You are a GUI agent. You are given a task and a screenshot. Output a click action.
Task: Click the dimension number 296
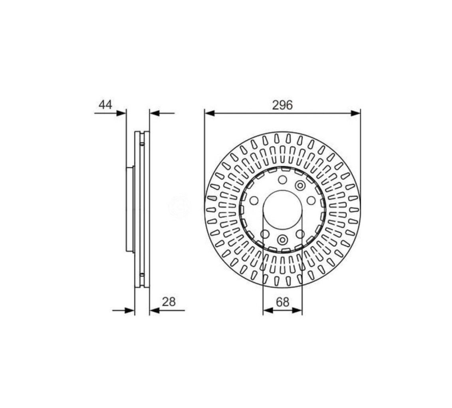[x=282, y=105]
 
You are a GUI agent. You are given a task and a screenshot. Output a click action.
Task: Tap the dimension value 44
[x=105, y=105]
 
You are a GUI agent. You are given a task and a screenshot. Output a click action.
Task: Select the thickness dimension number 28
[x=169, y=302]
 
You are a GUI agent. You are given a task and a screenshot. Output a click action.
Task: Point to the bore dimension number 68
[x=282, y=302]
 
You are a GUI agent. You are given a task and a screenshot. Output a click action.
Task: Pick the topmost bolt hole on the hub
[x=283, y=180]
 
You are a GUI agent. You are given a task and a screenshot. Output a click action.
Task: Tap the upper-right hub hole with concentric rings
[x=300, y=185]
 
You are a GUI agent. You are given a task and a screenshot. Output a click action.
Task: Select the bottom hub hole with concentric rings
[x=283, y=240]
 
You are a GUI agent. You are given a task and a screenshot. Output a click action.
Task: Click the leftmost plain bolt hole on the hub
[x=254, y=200]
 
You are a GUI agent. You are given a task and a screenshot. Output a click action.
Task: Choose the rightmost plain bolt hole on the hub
[x=311, y=200]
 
